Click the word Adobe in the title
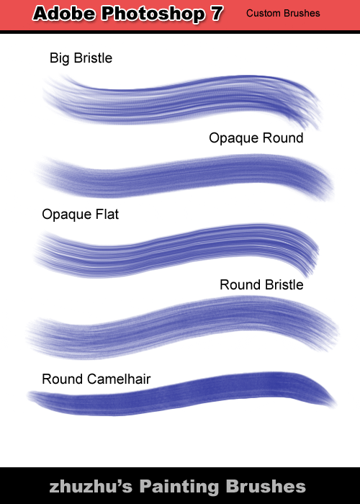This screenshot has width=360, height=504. click(64, 14)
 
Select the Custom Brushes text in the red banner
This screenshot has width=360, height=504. click(283, 13)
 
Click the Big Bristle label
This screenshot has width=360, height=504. click(81, 58)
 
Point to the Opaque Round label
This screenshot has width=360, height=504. click(256, 138)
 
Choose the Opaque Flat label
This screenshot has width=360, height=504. click(81, 215)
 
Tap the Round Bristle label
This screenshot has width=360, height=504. click(261, 285)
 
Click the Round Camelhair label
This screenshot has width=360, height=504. click(96, 379)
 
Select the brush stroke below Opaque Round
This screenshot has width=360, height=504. click(183, 176)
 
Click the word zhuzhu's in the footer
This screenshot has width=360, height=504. click(91, 487)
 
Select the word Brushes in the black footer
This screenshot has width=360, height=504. click(266, 486)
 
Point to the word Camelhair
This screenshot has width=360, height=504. click(119, 379)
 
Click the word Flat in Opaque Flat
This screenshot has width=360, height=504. click(107, 215)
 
